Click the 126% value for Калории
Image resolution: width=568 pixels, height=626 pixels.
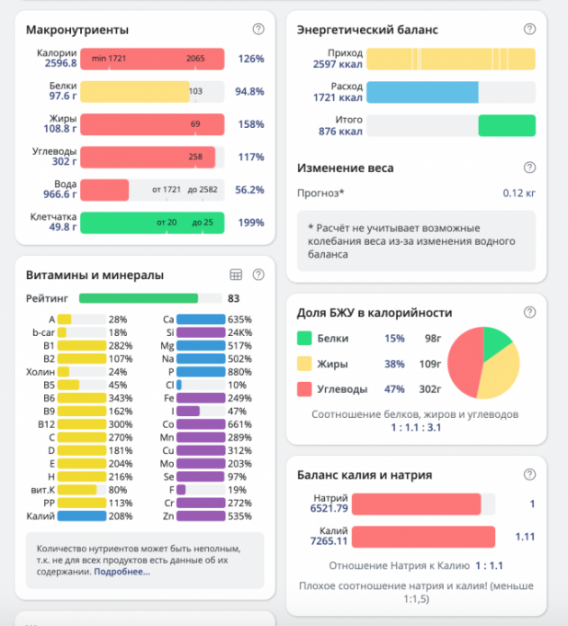point(250,59)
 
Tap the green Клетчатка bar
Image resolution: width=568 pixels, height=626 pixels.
point(152,222)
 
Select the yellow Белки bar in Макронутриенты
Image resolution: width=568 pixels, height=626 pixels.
point(133,92)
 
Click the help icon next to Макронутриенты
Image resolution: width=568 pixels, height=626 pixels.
point(259,29)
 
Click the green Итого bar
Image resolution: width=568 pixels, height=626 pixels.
point(506,125)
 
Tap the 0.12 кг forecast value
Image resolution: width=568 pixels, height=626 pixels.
point(519,192)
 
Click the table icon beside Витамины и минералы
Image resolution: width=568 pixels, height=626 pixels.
point(236,274)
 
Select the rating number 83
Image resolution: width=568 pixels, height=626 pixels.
point(234,298)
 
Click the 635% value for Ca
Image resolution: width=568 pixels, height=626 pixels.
point(239,319)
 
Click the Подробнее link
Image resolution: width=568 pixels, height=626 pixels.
point(122,572)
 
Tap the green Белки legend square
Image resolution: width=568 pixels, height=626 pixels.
point(303,338)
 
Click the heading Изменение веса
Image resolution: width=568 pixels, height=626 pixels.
point(345,168)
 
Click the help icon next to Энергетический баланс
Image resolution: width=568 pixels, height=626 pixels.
point(528,29)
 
